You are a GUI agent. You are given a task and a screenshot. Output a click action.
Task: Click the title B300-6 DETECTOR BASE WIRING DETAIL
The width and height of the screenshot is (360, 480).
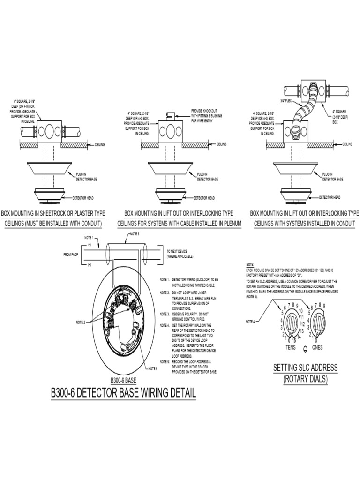point(123,393)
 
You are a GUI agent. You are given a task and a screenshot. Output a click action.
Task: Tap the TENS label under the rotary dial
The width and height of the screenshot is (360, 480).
point(291,347)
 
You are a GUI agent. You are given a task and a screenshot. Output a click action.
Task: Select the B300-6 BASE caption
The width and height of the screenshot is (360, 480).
point(123,380)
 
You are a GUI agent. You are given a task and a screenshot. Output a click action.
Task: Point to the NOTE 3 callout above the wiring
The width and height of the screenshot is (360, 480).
point(135,233)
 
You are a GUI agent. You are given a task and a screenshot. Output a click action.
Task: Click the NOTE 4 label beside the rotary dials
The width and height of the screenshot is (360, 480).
point(251,322)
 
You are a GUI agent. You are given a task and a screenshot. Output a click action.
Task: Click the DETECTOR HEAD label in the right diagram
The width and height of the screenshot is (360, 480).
point(330,197)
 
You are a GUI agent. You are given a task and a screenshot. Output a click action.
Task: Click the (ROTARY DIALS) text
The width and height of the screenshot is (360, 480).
point(305,379)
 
